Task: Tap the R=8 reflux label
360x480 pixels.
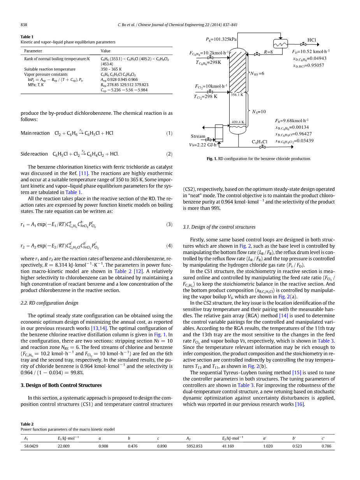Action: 269,52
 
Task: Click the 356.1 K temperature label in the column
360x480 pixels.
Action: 237,95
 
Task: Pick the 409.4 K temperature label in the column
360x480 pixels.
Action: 238,122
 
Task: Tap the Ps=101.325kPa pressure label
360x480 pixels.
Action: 221,39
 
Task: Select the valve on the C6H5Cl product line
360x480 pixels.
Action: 263,147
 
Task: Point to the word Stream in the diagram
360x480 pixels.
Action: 198,136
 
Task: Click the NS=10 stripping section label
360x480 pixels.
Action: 259,112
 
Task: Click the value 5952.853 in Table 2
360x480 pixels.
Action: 194,446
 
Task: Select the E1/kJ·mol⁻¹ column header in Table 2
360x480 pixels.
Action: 68,438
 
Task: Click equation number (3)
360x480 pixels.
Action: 169,224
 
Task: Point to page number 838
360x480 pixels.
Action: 24,25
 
